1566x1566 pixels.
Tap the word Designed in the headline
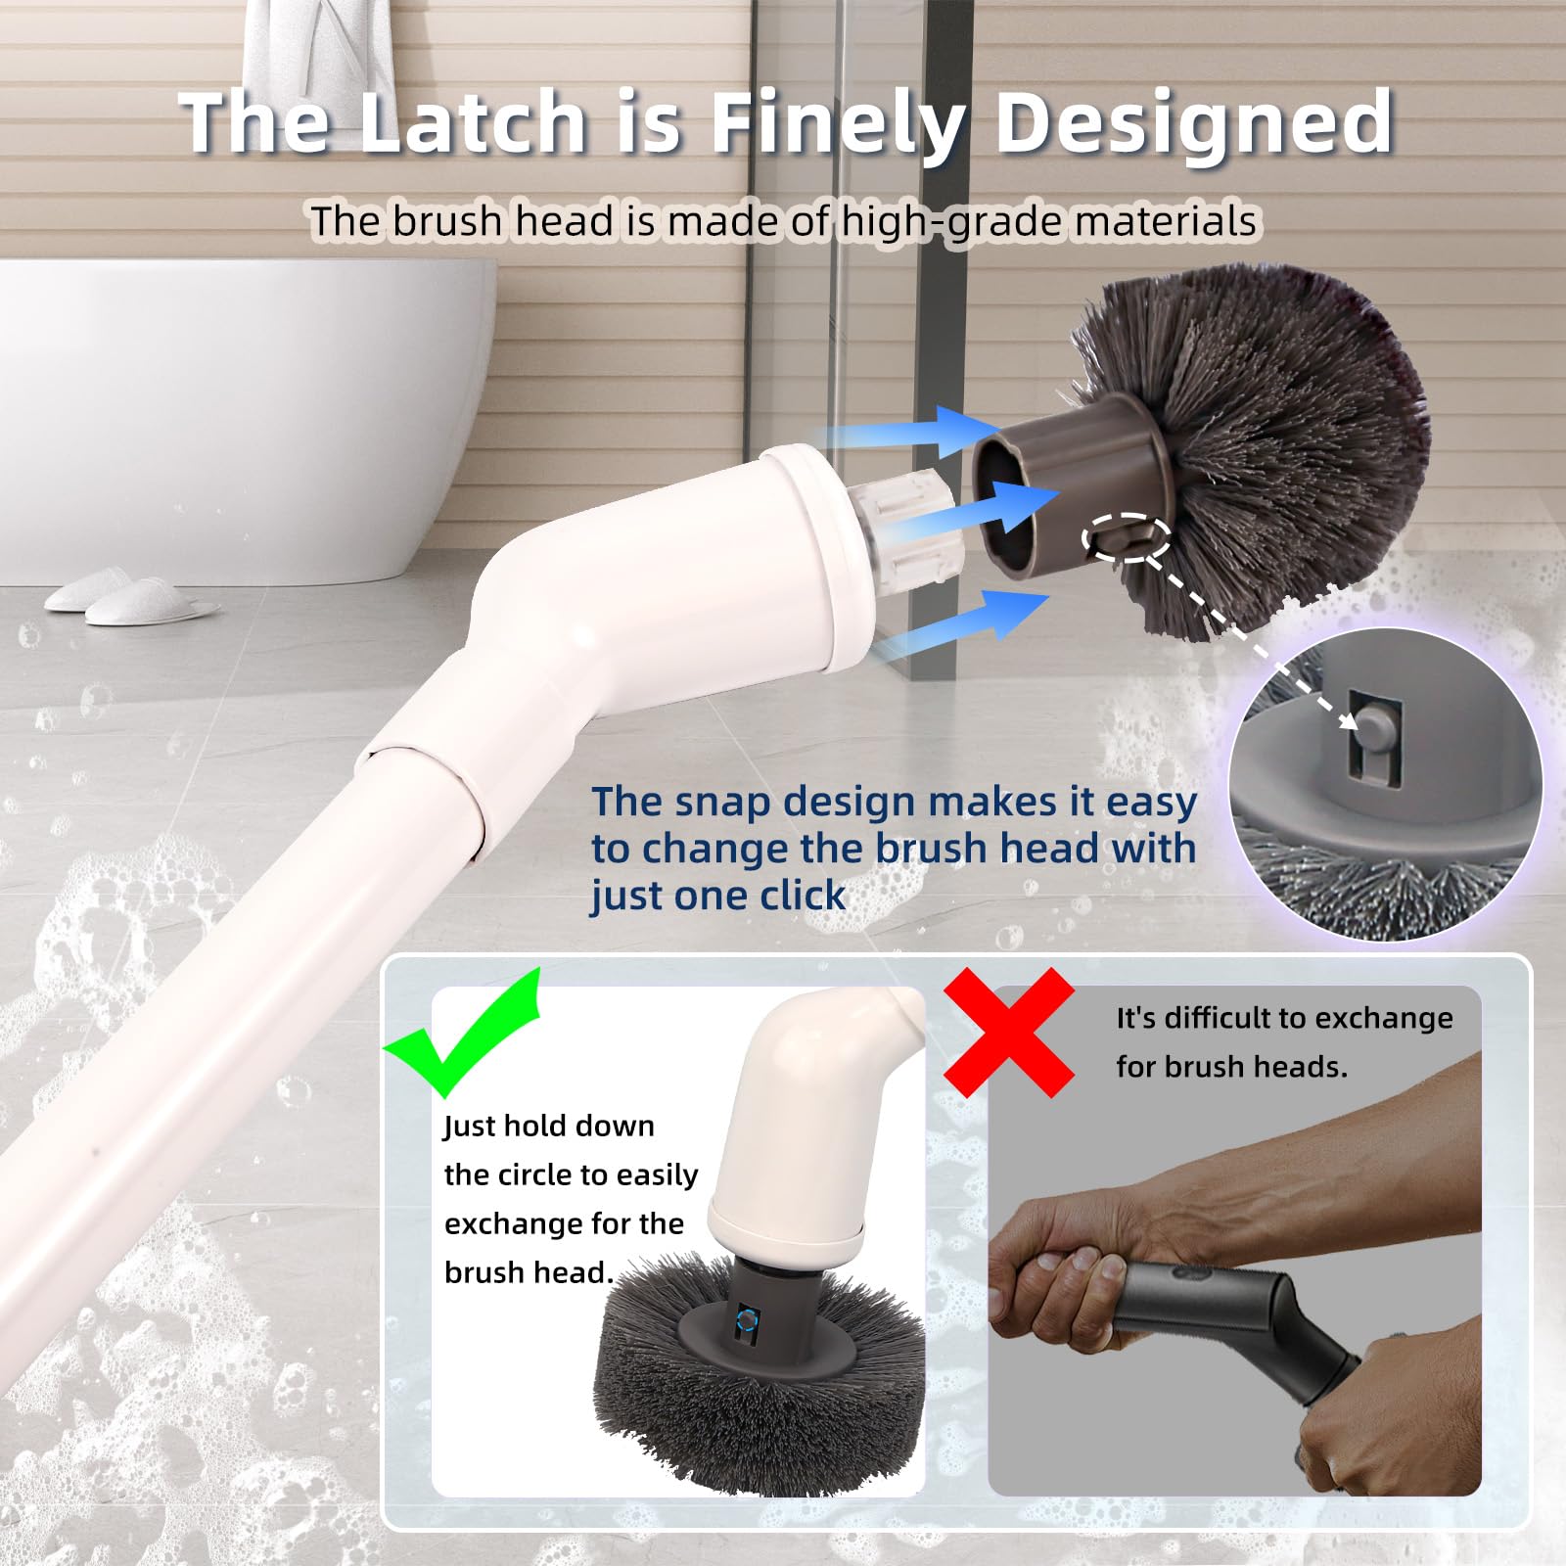(1195, 124)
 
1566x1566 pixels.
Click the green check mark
(462, 1032)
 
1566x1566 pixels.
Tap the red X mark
(1009, 1032)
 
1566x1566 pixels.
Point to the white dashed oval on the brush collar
(1127, 537)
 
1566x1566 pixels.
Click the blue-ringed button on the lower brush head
(746, 1320)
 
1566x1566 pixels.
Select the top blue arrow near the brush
(905, 432)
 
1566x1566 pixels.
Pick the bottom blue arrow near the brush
(959, 622)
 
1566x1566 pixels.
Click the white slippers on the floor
(131, 598)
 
